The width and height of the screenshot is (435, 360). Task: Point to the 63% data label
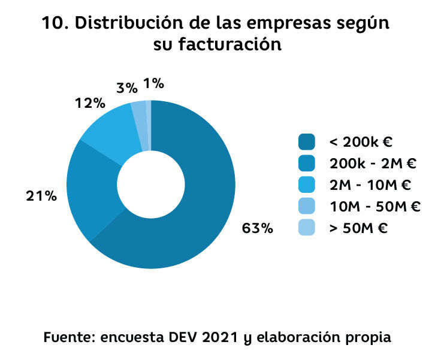click(x=257, y=228)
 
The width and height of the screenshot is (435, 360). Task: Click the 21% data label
click(x=41, y=196)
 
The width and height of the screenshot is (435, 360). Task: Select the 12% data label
click(x=90, y=103)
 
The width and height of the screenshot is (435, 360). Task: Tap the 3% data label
click(x=127, y=88)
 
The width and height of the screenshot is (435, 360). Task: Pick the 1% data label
click(x=154, y=84)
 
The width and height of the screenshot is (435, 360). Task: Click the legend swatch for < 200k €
click(x=306, y=142)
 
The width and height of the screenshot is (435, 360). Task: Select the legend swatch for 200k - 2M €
click(x=306, y=164)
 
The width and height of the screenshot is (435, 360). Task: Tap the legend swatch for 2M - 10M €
click(x=306, y=185)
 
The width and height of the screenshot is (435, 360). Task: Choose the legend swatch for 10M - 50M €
click(x=306, y=207)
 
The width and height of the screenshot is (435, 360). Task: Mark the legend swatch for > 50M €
click(x=306, y=228)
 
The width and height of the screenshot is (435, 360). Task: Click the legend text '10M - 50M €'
click(x=374, y=207)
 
